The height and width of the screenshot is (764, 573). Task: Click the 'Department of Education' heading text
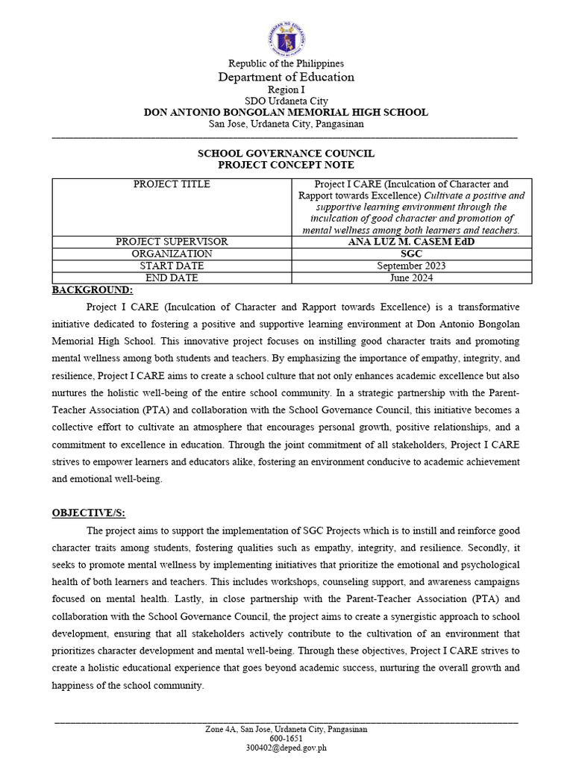click(x=286, y=78)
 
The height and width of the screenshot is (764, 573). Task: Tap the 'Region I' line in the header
click(x=286, y=90)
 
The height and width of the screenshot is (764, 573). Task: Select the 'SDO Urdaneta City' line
click(x=286, y=101)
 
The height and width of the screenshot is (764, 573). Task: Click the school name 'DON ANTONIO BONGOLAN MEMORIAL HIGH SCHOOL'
click(x=286, y=112)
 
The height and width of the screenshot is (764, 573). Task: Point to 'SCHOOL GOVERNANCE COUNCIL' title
click(x=286, y=153)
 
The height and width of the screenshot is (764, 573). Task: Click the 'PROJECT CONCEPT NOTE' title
click(x=286, y=164)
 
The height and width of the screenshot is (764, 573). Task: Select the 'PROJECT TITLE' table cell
click(x=172, y=184)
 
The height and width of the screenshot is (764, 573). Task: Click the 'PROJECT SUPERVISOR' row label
click(x=172, y=242)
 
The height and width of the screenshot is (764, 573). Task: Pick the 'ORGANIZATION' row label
click(x=172, y=254)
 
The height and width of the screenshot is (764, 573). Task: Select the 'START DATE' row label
click(x=172, y=266)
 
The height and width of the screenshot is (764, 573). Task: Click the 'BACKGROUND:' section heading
click(x=93, y=289)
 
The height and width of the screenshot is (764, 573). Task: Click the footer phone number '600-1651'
click(x=286, y=738)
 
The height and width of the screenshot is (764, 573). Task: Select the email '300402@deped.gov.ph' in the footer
click(x=286, y=748)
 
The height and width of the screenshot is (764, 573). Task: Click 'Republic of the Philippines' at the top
click(x=286, y=64)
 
